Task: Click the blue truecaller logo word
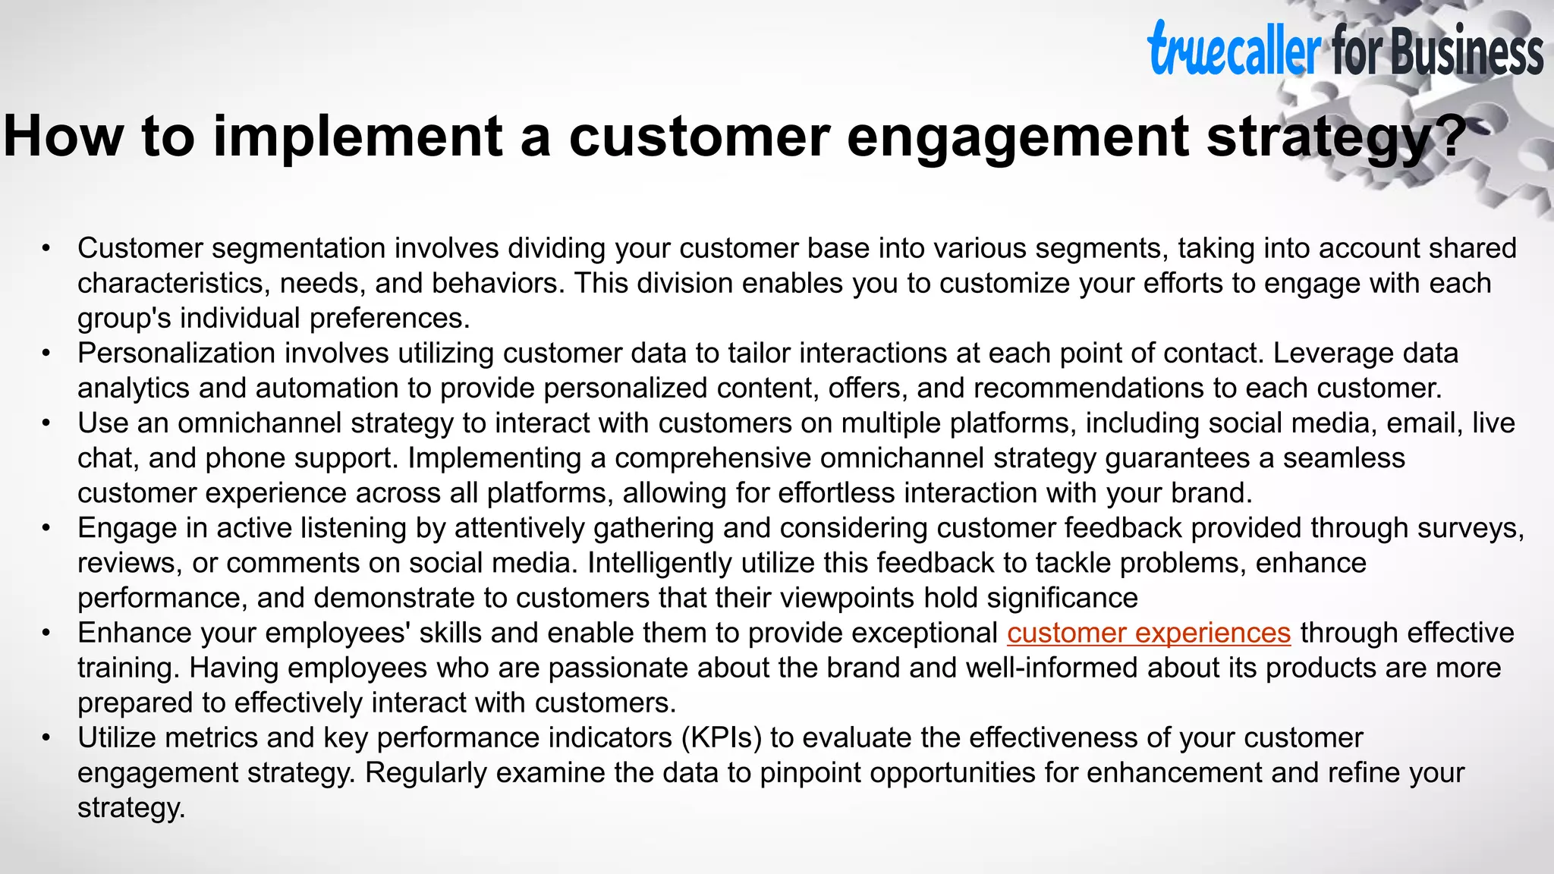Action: (1234, 50)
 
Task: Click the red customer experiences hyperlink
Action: (1149, 633)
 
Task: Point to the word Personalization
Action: (176, 354)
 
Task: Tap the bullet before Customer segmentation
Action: (46, 249)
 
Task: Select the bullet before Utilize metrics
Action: (46, 738)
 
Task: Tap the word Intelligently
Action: (659, 563)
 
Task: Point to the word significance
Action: (1062, 598)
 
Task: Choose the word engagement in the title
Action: (1018, 137)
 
